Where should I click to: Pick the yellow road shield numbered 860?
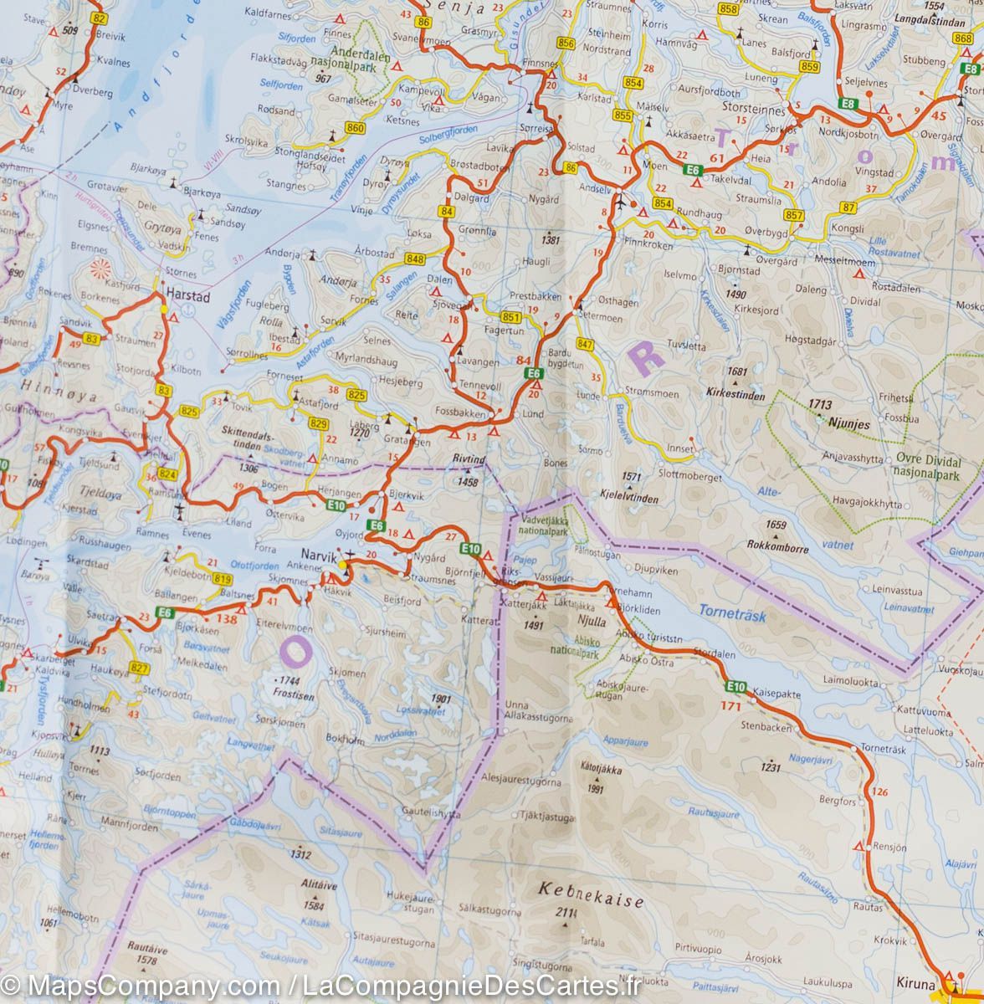(355, 128)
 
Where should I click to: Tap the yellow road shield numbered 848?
(414, 259)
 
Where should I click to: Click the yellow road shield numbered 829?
(318, 424)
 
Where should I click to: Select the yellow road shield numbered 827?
(140, 668)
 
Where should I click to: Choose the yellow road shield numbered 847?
(585, 345)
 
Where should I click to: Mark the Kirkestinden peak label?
(735, 391)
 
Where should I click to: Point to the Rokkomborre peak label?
(779, 550)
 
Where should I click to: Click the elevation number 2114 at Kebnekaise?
(566, 912)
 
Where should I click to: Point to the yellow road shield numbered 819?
(222, 579)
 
